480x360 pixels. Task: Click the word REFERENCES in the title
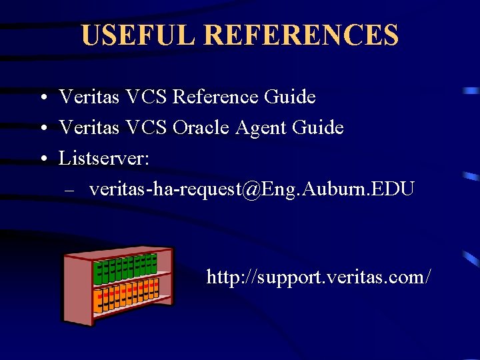(x=297, y=35)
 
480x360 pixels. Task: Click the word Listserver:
(x=104, y=159)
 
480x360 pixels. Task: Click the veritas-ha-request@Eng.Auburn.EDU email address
(x=252, y=189)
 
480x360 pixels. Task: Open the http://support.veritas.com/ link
(x=319, y=276)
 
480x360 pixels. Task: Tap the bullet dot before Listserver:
(x=42, y=159)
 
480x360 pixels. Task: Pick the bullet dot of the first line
(x=42, y=98)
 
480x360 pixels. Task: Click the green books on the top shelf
(x=126, y=267)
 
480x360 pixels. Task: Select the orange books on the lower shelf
(x=126, y=295)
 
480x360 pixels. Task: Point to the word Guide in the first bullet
(x=289, y=97)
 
